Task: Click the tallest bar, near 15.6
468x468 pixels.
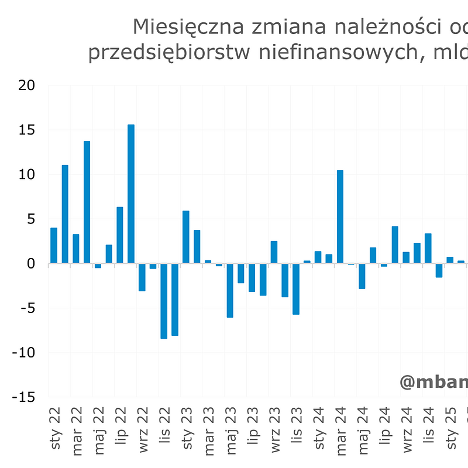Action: click(131, 194)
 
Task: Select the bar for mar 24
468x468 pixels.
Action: click(340, 216)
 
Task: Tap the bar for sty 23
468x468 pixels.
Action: click(186, 237)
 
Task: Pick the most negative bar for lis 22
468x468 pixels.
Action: click(164, 301)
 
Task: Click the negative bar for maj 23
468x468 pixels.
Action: click(230, 290)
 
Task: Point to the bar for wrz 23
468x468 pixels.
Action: click(274, 252)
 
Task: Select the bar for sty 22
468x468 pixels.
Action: click(54, 246)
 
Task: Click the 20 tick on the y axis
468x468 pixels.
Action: click(26, 85)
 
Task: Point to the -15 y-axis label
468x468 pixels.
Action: click(23, 397)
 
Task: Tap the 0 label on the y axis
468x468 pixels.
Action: click(30, 264)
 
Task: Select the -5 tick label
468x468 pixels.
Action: click(26, 308)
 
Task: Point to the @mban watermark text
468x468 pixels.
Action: click(433, 382)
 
